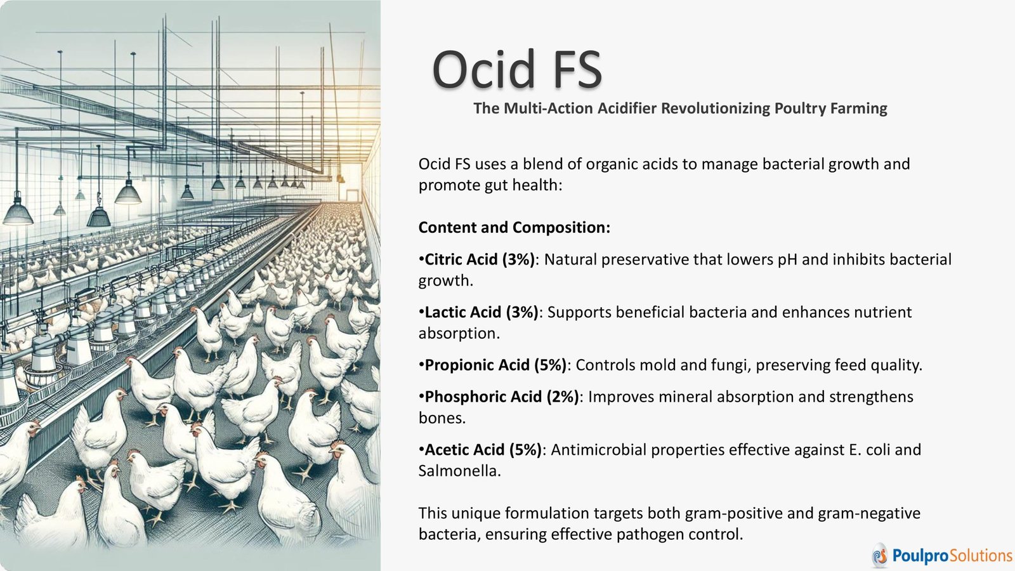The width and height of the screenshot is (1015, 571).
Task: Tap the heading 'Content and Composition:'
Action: pyautogui.click(x=514, y=228)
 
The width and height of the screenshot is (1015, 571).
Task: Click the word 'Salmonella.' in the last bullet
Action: pyautogui.click(x=459, y=471)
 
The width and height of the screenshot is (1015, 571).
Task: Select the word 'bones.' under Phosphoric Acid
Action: pyautogui.click(x=442, y=418)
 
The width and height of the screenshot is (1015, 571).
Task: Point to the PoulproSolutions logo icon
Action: pyautogui.click(x=879, y=555)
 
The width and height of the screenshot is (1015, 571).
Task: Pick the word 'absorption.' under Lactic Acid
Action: pyautogui.click(x=459, y=334)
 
